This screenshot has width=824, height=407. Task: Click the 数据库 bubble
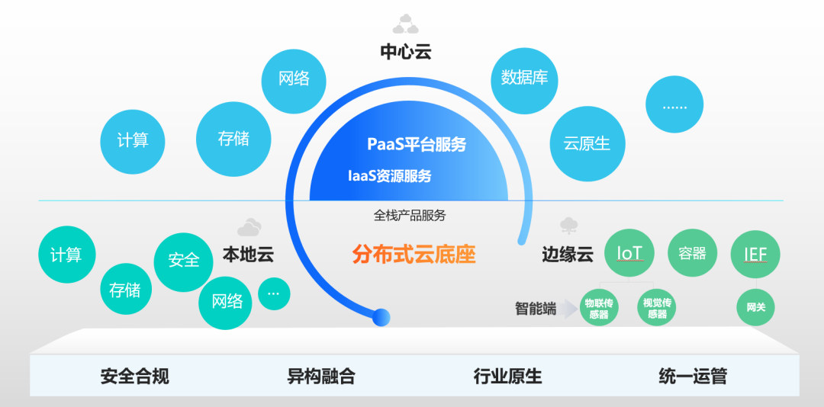point(524,78)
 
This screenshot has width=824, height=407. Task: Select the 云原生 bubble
point(587,143)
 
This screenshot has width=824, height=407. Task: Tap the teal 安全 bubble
point(183,260)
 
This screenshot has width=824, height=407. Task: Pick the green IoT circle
point(629,253)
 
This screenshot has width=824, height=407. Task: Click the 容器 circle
point(692,253)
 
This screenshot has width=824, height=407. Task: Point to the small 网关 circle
point(755,308)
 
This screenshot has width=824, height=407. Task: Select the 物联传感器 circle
point(599,308)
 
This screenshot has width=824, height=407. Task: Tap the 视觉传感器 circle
point(656,308)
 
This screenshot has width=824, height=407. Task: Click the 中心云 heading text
point(406,52)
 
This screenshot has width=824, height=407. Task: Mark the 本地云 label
point(247,254)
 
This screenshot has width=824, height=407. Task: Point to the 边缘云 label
point(567,255)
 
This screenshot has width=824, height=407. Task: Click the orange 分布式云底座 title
point(414,254)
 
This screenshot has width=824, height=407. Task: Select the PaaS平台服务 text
point(416,144)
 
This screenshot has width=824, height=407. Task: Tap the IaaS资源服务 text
point(389,176)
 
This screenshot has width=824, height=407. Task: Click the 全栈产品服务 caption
point(409,216)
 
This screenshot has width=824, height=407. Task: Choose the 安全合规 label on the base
point(134,376)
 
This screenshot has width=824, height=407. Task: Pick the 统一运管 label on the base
point(692,376)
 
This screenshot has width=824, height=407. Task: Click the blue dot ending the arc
point(380,316)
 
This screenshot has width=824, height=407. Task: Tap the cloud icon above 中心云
point(406,24)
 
